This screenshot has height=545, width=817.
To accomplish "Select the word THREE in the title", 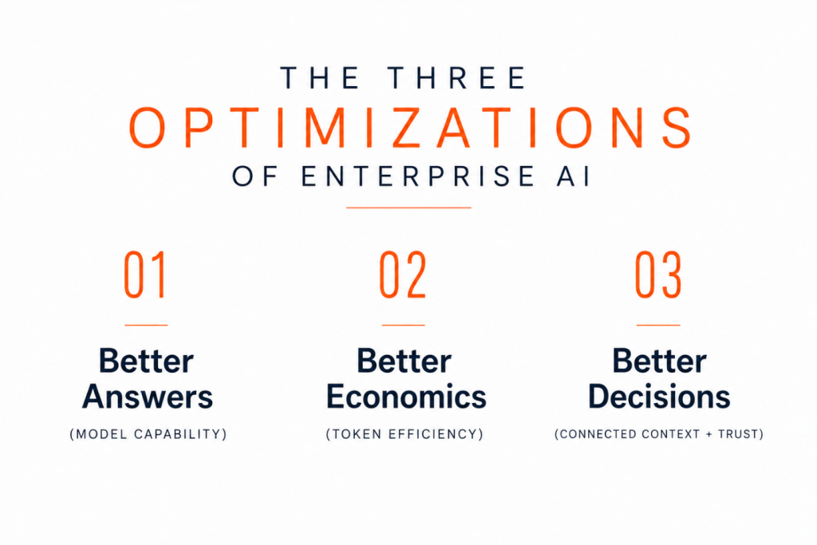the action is coord(457,77).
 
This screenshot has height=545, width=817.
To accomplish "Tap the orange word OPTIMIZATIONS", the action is coord(410,128).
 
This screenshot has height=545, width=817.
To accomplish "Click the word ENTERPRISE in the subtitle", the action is coord(418,176).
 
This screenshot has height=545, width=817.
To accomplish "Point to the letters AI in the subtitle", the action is coord(574,176).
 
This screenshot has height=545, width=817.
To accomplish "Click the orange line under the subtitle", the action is coord(408,207).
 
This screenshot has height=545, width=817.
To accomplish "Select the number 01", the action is coord(145,274).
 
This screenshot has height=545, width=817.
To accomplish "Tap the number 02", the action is coord(403,274).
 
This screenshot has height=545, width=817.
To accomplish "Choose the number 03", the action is coord(658,274).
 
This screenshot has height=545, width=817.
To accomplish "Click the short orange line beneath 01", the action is coord(146,325).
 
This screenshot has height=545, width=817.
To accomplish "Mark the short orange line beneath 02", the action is coord(403,325).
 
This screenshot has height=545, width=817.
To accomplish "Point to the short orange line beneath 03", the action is coord(658,325).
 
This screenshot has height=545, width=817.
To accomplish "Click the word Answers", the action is coord(148,397).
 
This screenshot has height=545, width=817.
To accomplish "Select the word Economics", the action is coord(406,397).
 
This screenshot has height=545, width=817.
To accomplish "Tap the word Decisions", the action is coord(659,397).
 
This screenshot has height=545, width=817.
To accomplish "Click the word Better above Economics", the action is coord(404,361).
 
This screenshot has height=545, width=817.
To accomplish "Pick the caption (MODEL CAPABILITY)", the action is coord(148,434).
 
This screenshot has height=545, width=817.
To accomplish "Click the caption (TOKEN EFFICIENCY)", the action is coord(405,434).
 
